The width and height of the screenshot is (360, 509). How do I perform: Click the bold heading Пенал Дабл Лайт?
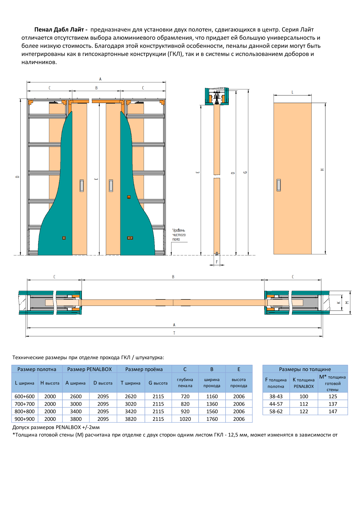(x=59, y=30)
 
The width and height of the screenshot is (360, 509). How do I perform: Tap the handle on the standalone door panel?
(x=279, y=185)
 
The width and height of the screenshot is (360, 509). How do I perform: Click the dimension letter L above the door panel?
(x=292, y=92)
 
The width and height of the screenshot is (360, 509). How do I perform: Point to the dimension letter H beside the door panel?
(x=322, y=170)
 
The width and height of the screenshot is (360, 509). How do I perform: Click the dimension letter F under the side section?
(x=217, y=262)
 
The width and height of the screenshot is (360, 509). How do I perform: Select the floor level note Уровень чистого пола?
(x=179, y=235)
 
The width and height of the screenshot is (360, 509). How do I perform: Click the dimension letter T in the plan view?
(x=174, y=333)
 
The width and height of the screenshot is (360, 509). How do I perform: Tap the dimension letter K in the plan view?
(x=339, y=303)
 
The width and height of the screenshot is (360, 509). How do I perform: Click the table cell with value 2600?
(x=76, y=396)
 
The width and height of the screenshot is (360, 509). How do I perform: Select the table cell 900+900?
(x=25, y=419)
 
